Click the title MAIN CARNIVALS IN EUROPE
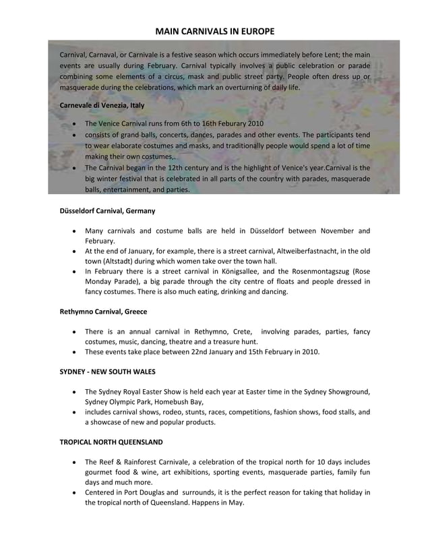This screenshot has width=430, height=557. coord(215,32)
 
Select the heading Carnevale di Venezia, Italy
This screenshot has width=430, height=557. coord(102,105)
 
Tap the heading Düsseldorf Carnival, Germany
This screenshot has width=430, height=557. coord(108,210)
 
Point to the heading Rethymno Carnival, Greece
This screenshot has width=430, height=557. coord(103,312)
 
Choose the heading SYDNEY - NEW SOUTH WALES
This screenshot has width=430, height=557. coord(109,372)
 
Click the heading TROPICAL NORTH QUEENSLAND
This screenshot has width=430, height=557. coord(111,442)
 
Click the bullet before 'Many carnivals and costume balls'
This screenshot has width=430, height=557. coord(73,231)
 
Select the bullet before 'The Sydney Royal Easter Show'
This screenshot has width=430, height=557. coord(73,392)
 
